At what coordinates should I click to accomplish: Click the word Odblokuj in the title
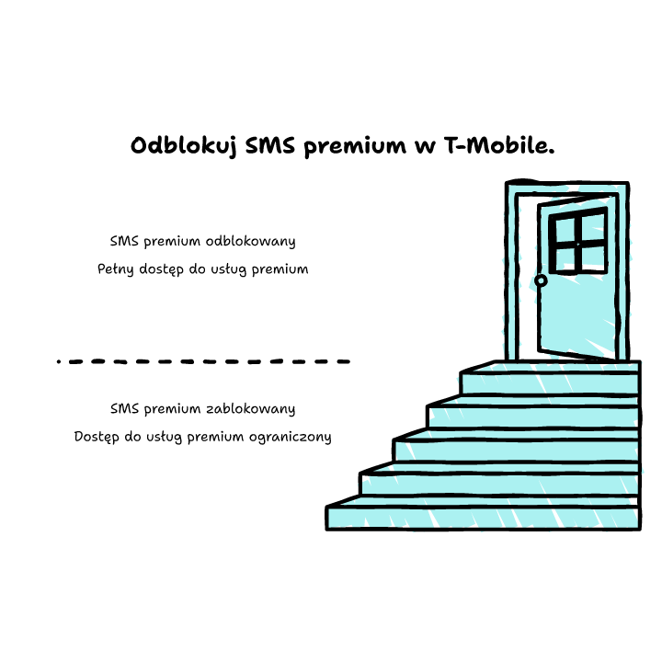coord(183,146)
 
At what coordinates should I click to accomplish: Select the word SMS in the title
coord(270,145)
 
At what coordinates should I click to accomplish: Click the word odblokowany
coord(250,241)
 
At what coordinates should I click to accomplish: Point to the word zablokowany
coord(250,408)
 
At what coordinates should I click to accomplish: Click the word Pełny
coord(115,268)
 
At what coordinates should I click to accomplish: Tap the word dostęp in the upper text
coord(161,269)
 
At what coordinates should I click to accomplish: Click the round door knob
coord(541,280)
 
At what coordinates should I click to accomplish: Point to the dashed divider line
coord(203,361)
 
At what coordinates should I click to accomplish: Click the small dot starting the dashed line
coord(59,361)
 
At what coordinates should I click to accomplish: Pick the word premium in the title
coord(355,146)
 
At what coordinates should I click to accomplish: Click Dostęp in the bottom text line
coord(97,437)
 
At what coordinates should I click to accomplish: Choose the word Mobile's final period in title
coord(552,152)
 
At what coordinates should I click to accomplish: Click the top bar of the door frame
coord(567,185)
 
